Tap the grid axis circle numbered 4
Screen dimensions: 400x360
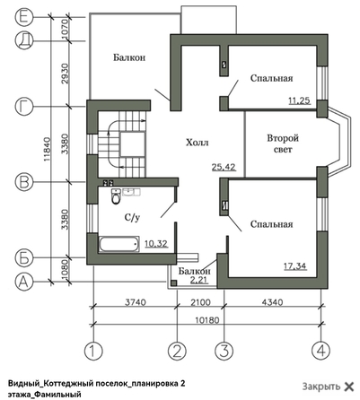click(318, 349)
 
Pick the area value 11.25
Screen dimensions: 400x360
click(299, 100)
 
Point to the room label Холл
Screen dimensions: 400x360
click(198, 142)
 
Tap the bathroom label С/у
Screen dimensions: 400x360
click(130, 217)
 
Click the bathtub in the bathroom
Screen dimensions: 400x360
click(118, 244)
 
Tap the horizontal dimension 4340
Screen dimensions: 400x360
click(269, 302)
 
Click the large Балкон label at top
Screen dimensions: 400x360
click(129, 57)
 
